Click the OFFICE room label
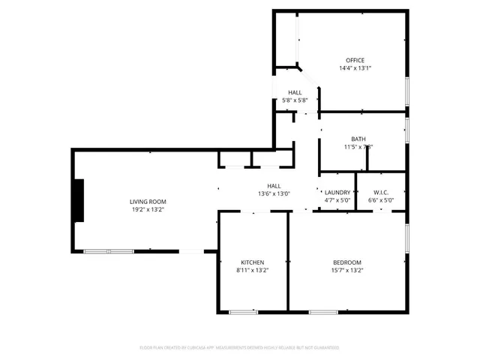click(355, 60)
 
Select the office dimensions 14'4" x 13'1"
click(355, 68)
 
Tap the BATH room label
click(358, 139)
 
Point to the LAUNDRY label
click(337, 193)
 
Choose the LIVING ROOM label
click(148, 202)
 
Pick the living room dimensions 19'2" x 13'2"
click(148, 209)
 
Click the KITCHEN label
click(252, 262)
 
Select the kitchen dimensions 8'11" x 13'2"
click(252, 270)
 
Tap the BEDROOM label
click(346, 262)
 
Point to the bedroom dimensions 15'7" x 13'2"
click(346, 270)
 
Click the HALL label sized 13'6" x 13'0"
click(274, 185)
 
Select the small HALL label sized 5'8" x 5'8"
click(295, 92)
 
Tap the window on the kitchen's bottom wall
click(244, 311)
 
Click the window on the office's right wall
click(406, 91)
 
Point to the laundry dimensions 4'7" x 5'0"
click(337, 200)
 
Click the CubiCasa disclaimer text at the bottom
click(239, 348)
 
